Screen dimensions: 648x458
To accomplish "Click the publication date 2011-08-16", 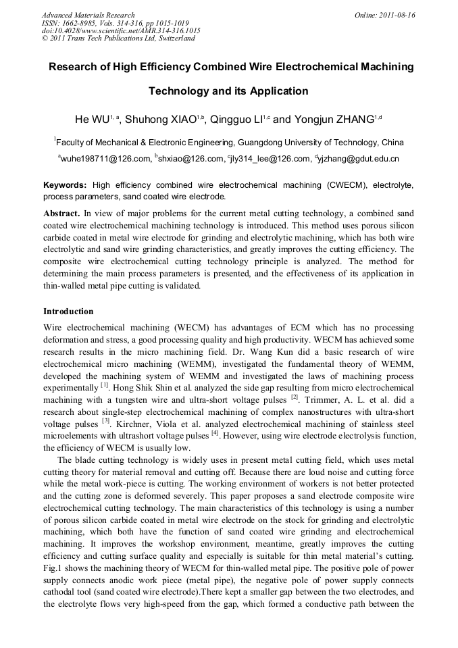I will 399,15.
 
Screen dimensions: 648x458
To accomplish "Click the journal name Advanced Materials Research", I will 88,15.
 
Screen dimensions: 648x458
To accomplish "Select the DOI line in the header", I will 120,30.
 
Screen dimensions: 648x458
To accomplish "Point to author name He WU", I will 93,120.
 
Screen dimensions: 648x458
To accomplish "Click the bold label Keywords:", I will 65,184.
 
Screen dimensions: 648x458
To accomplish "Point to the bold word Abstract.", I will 62,213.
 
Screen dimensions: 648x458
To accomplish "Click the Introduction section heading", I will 68,311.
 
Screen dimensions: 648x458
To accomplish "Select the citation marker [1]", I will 105,385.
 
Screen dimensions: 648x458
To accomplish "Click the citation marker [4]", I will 215,434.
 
